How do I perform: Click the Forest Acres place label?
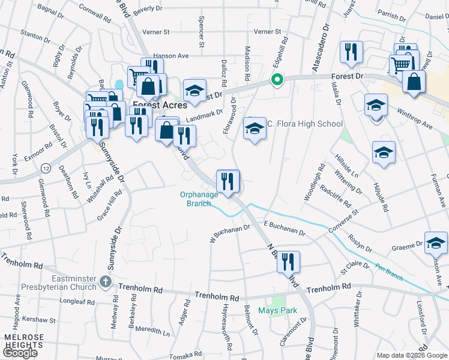click(x=158, y=104)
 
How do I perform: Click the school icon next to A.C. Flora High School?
click(x=255, y=128)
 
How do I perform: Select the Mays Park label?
click(x=278, y=310)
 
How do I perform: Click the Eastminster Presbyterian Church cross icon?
click(x=106, y=281)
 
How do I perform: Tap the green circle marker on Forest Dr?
click(x=277, y=79)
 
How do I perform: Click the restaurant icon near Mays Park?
click(x=288, y=262)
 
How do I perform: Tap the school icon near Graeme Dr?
click(x=436, y=242)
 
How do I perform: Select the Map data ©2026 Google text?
click(x=412, y=355)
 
